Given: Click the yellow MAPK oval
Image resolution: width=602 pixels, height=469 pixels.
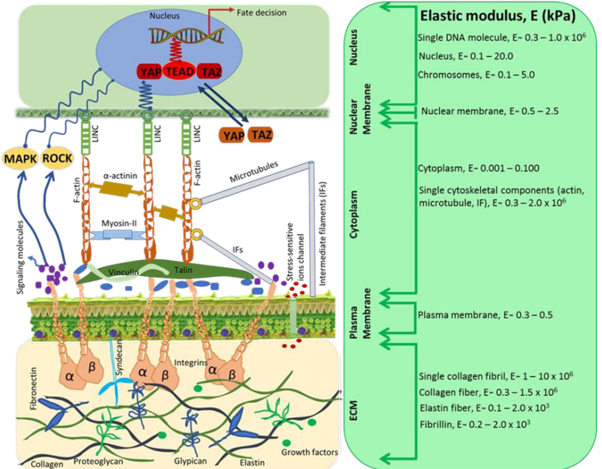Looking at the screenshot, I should [20, 159].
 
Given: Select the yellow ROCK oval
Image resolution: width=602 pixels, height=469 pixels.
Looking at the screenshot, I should [57, 158].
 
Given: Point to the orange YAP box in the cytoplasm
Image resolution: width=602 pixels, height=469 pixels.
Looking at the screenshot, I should [233, 136].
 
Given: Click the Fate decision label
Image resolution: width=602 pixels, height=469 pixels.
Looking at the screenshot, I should [261, 13].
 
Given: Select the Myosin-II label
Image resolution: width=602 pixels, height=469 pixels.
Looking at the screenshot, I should [119, 223].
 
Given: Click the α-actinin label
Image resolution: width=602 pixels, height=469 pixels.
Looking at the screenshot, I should [120, 175].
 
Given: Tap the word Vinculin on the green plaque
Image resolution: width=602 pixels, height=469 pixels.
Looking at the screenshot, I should [124, 272].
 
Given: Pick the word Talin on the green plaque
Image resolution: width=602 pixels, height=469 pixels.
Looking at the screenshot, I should [183, 270].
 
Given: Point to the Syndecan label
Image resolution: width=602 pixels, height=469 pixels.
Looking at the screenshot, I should [119, 358].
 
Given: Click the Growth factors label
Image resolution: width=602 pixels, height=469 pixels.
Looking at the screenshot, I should [309, 452].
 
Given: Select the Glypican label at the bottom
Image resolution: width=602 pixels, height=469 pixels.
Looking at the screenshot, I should [190, 461].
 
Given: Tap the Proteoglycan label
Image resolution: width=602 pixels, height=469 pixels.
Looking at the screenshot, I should [98, 461].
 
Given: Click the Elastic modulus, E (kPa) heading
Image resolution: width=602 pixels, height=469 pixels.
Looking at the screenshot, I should [498, 16].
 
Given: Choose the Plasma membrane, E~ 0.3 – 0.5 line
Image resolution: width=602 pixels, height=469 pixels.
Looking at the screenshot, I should [485, 315].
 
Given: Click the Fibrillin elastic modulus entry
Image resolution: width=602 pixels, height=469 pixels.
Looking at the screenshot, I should [475, 424].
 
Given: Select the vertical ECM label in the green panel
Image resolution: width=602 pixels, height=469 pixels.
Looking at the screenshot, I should [354, 411].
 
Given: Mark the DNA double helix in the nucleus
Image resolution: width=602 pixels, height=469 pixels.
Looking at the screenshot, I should [186, 35].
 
